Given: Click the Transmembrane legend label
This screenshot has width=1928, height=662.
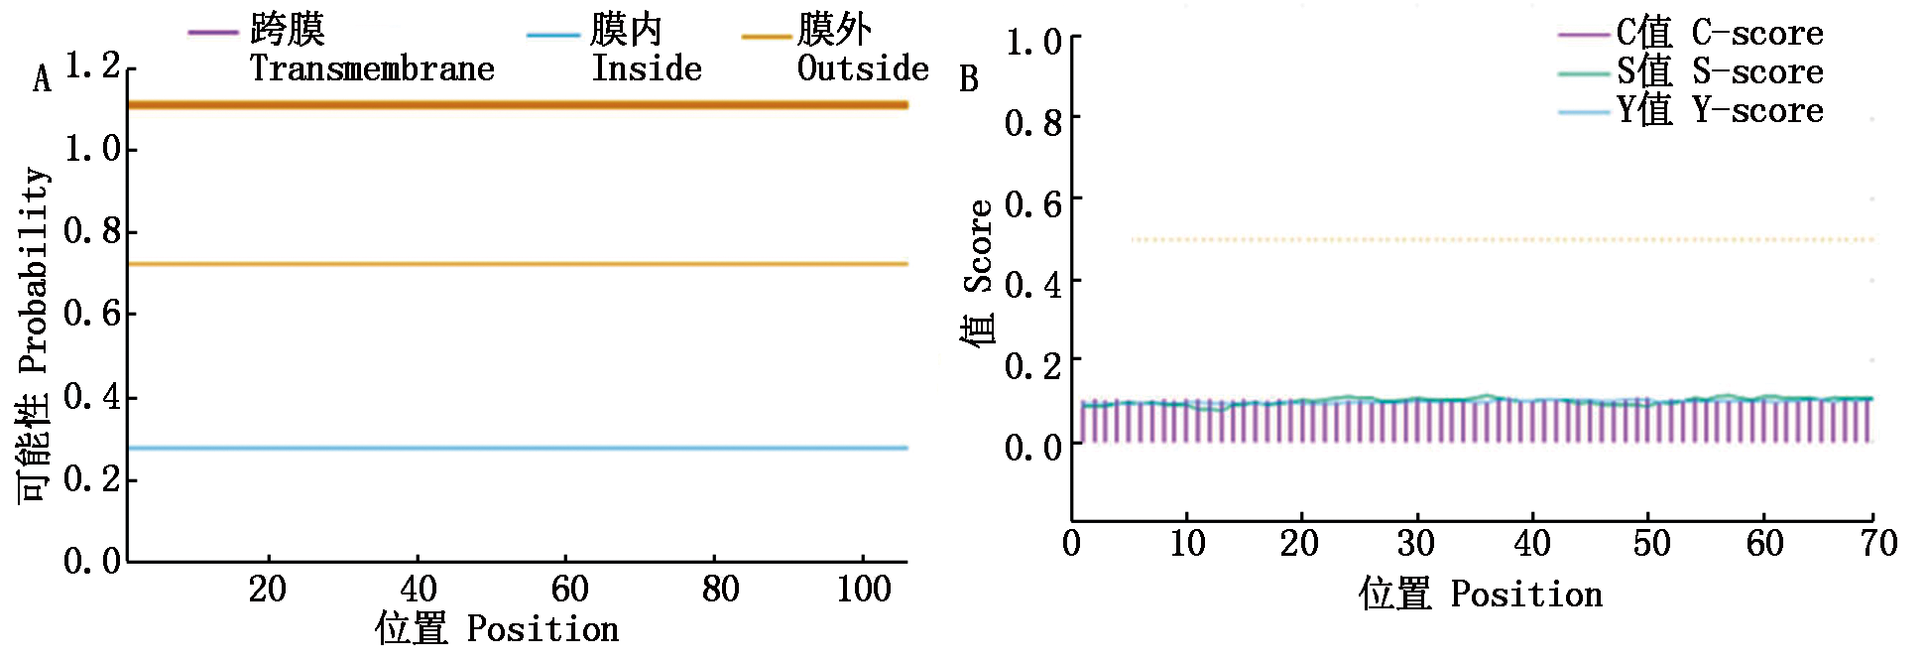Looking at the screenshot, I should point(371,68).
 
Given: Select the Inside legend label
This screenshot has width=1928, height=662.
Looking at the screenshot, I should point(647,68).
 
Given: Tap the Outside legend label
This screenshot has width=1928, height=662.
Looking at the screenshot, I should point(863,68).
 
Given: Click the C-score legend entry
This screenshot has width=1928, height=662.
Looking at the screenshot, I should point(1720,33).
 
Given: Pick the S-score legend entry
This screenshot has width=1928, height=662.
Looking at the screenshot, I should point(1720,71).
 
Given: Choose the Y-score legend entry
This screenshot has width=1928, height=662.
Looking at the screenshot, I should point(1720,110).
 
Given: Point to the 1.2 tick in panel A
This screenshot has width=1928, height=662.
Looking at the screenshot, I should point(92,66).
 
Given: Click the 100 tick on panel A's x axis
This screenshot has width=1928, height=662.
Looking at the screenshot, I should point(864,590).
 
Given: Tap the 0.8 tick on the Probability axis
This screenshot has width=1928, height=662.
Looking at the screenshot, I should point(92,231).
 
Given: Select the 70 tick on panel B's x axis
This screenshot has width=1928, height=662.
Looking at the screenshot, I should point(1878,544).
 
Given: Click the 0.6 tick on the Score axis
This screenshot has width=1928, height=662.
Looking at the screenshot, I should point(1033,204).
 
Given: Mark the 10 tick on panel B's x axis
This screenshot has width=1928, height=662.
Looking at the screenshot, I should point(1187,544).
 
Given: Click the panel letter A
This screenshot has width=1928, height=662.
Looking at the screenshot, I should point(42,79).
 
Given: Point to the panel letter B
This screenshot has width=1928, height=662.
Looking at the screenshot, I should point(969,79).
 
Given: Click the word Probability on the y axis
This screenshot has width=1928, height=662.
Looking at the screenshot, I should point(34,270).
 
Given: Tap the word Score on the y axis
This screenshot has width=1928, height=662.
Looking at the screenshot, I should point(979,246).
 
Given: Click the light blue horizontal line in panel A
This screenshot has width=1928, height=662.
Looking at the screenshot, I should point(516,449).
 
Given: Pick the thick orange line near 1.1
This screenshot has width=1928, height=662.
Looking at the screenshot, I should point(516,105).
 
